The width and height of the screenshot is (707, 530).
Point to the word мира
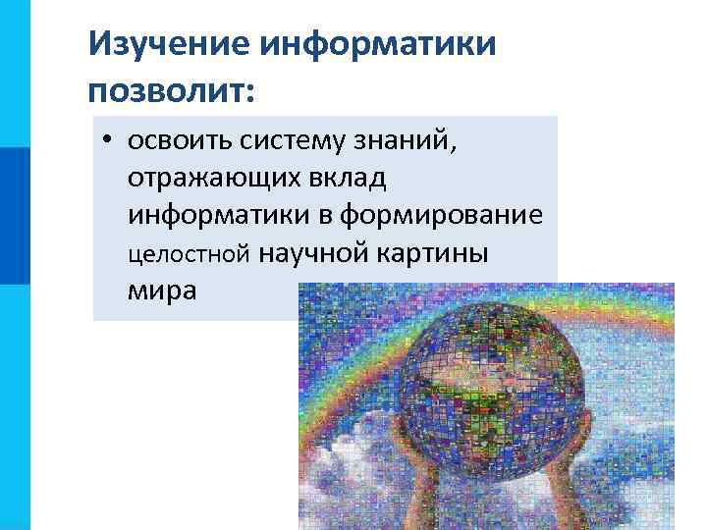coord(161,291)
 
